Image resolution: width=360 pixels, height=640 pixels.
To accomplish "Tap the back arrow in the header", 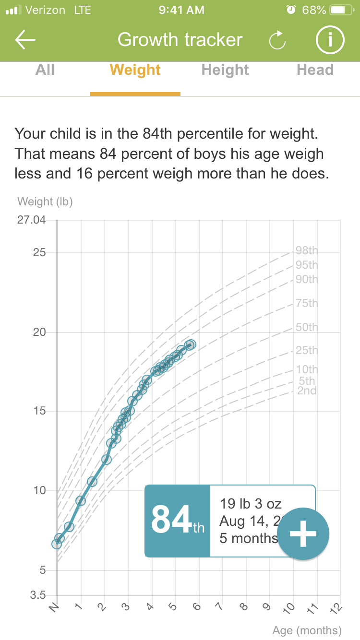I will click(25, 40).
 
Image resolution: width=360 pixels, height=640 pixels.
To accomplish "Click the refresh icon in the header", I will click(277, 41).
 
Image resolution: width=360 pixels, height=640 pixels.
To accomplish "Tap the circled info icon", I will click(330, 40).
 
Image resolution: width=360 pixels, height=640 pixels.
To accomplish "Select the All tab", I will click(45, 70).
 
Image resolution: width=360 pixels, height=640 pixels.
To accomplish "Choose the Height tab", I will click(225, 70).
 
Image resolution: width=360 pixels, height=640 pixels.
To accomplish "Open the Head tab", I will click(315, 70).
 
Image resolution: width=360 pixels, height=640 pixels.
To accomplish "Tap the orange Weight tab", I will click(135, 70).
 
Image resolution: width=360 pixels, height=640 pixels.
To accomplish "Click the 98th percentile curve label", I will click(307, 250).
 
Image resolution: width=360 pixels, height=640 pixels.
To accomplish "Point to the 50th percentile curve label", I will click(307, 327).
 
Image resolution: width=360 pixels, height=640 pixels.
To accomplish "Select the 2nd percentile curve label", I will click(307, 391).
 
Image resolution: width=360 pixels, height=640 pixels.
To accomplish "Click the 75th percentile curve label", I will click(307, 303).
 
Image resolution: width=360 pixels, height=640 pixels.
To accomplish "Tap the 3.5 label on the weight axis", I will click(38, 595).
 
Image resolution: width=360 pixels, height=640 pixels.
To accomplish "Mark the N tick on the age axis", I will click(54, 609).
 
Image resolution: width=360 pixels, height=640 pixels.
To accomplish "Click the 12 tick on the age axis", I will click(336, 609).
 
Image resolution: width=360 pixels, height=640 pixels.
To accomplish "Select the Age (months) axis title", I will click(307, 630).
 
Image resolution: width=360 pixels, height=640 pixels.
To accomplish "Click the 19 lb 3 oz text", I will click(251, 504).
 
